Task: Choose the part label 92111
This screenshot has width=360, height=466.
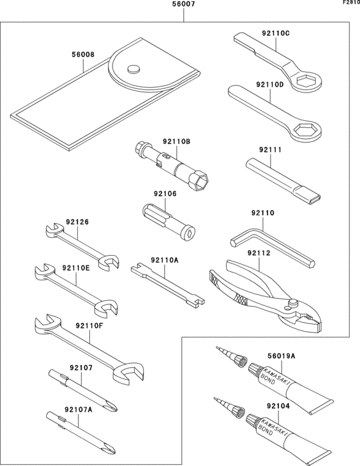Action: coord(271,149)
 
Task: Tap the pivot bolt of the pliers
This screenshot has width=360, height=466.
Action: coord(293,303)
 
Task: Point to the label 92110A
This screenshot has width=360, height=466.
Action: coord(165,260)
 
